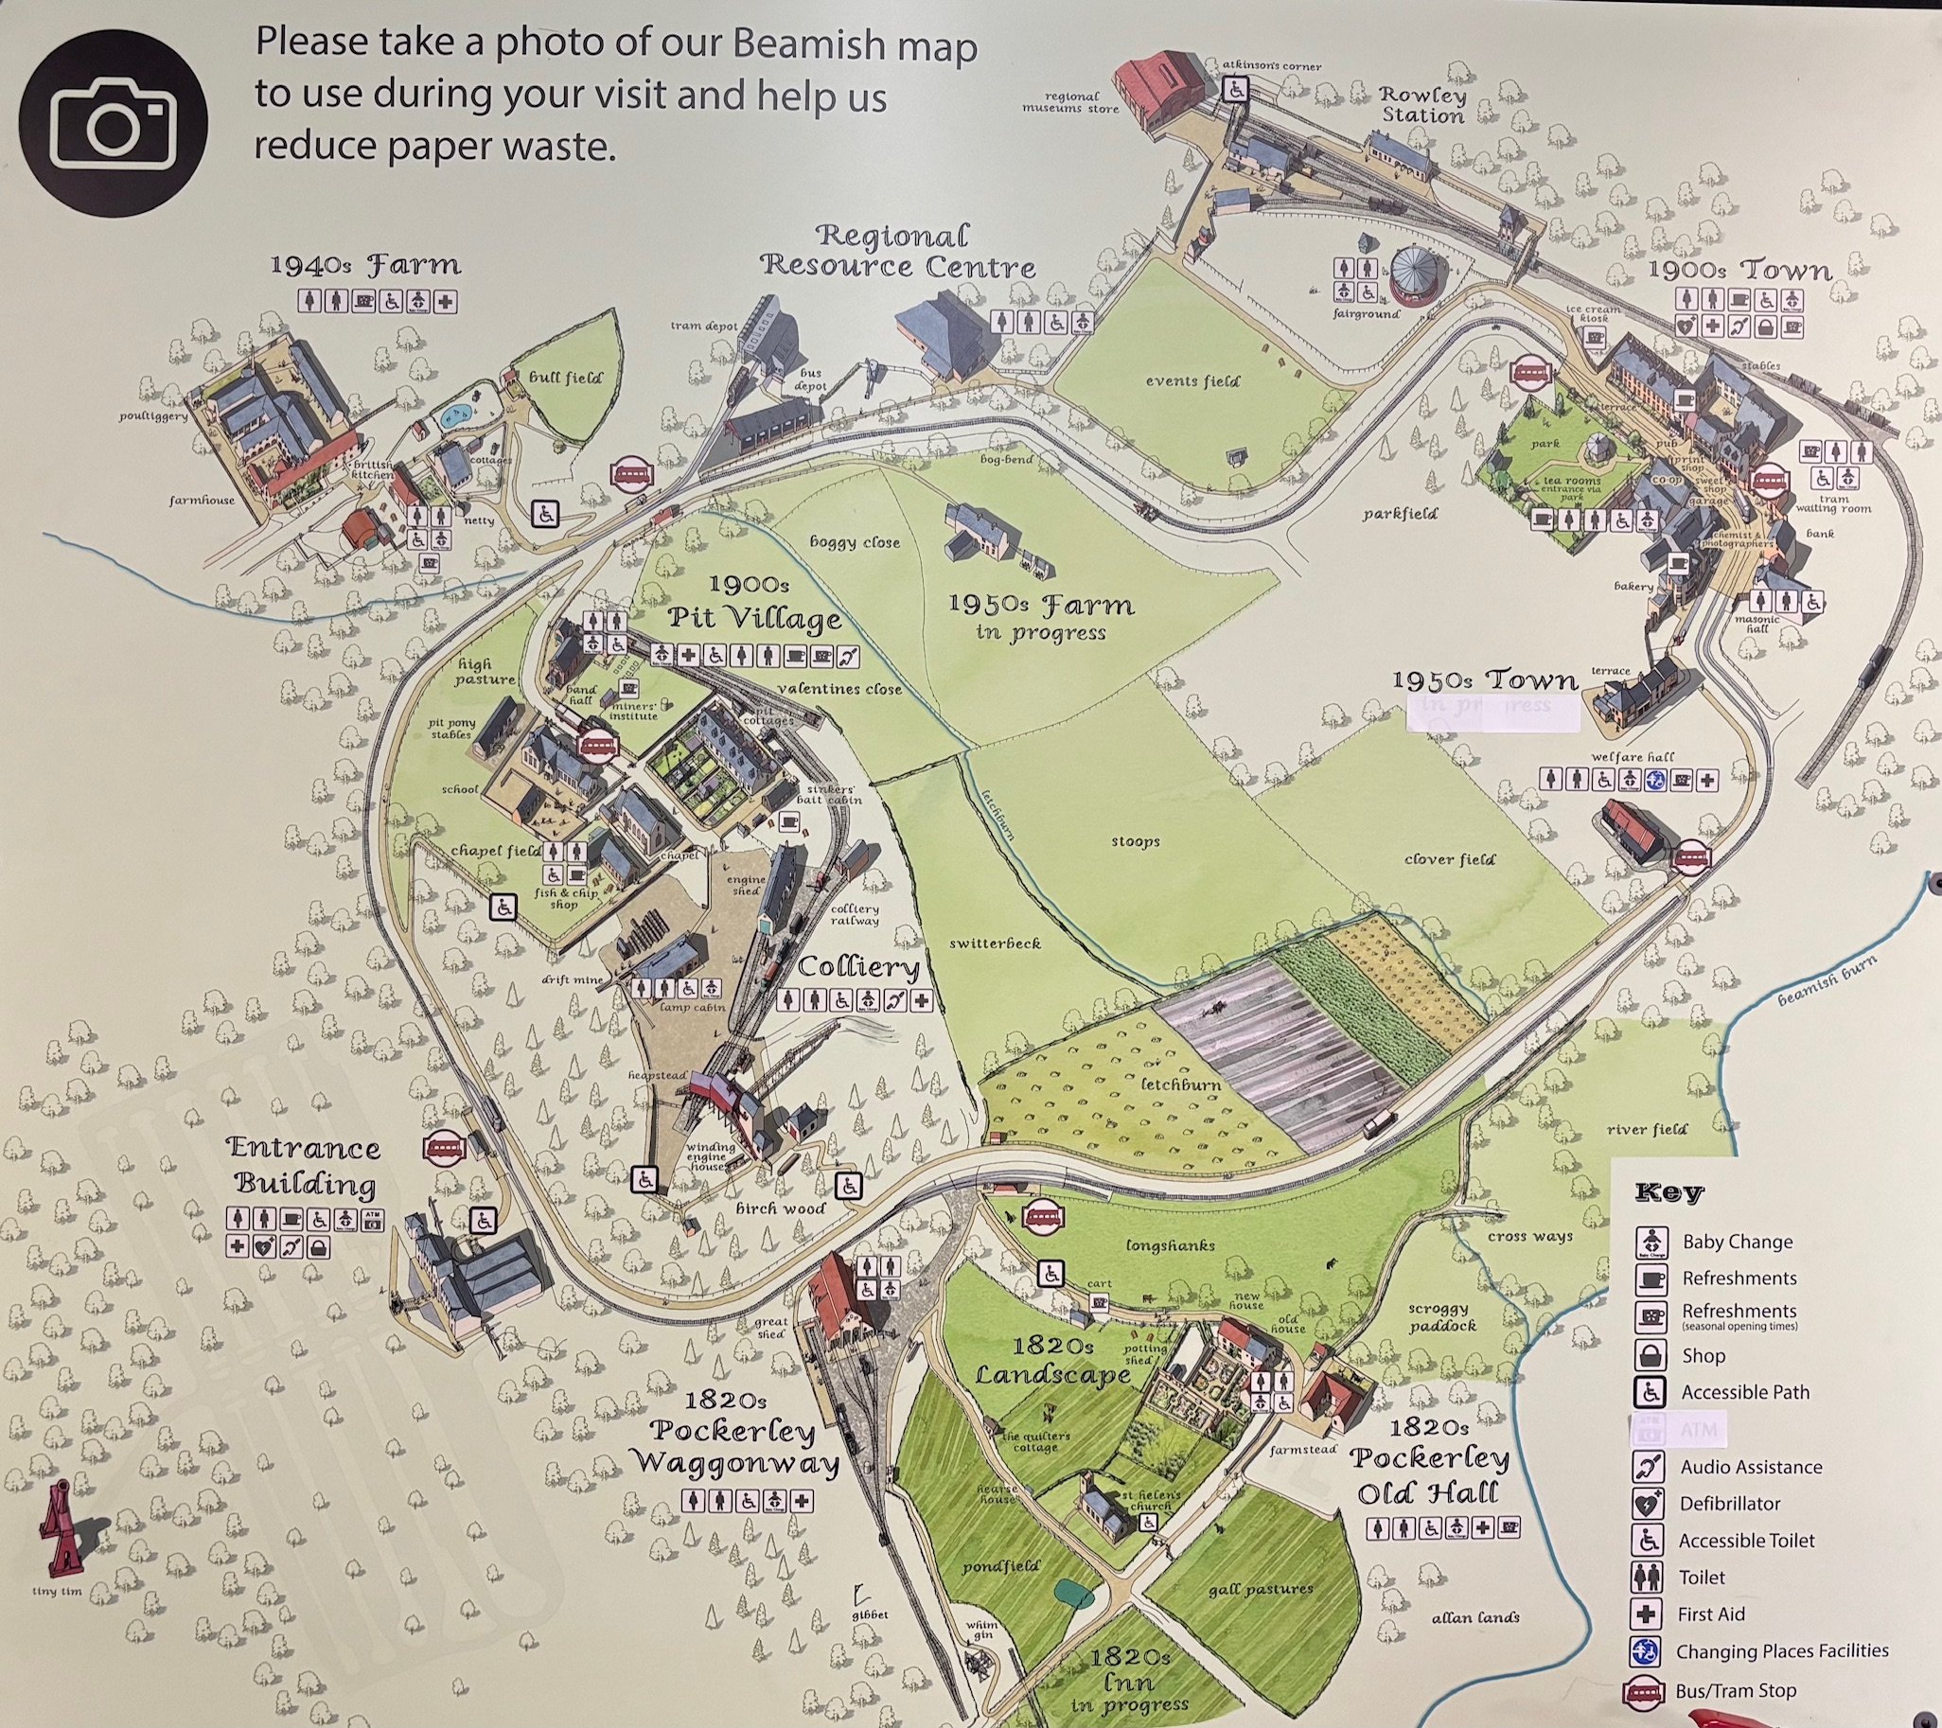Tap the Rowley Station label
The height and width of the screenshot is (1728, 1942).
coord(1422,105)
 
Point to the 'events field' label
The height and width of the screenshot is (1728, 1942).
coord(1192,381)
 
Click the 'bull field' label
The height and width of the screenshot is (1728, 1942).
coord(565,378)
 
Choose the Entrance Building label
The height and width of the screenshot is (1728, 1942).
coord(304,1166)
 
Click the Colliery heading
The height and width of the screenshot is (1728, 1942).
coord(858,967)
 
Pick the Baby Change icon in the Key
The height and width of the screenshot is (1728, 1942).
coord(1652,1243)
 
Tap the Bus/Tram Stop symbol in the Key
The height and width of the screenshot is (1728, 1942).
coord(1645,1692)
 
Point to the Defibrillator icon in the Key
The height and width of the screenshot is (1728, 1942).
coord(1651,1504)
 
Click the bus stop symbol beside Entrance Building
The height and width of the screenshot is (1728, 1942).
coord(444,1148)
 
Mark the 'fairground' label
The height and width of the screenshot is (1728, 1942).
coord(1367,312)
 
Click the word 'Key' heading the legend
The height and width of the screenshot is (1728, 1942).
coord(1669,1192)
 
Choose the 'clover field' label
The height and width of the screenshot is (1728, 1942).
coord(1449,858)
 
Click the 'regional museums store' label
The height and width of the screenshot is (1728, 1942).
coord(1070,102)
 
